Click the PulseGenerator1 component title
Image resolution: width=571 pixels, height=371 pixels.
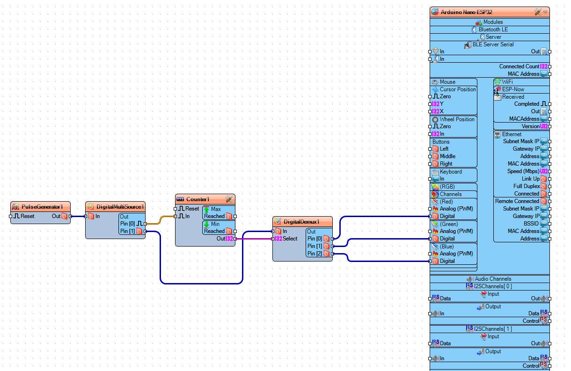coord(42,207)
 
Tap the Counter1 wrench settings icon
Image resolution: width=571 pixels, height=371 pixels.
coord(229,199)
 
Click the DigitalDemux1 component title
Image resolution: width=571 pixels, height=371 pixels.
coord(301,222)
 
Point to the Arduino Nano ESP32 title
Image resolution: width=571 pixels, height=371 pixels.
coord(466,12)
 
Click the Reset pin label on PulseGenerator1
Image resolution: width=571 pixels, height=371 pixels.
coord(27,216)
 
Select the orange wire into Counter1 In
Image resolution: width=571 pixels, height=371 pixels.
coord(161,220)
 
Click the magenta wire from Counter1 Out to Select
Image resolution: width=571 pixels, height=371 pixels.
coord(254,239)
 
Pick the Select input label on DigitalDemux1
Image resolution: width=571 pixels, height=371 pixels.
coord(290,239)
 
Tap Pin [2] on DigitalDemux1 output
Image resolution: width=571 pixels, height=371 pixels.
coord(315,254)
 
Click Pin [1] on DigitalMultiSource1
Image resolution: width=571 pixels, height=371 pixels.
coord(127,231)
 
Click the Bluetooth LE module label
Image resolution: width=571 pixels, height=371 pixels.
coord(493,29)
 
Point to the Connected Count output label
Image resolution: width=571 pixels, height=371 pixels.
coord(519,66)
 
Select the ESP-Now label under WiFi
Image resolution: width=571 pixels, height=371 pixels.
coord(513,89)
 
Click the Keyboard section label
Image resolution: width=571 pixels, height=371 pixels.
coord(451,172)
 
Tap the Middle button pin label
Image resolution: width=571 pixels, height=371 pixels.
coord(447,156)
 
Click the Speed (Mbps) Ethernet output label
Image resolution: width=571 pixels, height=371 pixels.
coord(523,171)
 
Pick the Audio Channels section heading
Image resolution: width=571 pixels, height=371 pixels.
coord(493,279)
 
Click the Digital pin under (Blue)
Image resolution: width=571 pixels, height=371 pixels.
coord(447,261)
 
